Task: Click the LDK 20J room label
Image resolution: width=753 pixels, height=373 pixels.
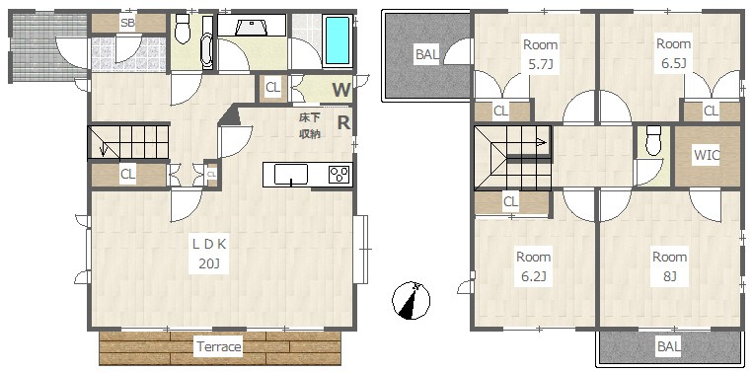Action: pyautogui.click(x=209, y=254)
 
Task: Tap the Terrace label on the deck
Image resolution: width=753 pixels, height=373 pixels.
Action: pyautogui.click(x=218, y=346)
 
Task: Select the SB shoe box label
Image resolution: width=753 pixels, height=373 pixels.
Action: pyautogui.click(x=127, y=23)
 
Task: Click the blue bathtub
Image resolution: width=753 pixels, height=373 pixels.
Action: pyautogui.click(x=338, y=40)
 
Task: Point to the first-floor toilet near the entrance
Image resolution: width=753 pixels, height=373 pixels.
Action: pyautogui.click(x=183, y=29)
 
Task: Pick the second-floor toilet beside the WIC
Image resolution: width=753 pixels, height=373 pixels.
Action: pyautogui.click(x=653, y=141)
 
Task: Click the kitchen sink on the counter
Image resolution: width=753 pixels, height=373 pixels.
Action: pyautogui.click(x=290, y=175)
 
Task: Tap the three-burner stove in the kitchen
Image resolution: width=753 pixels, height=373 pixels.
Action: pyautogui.click(x=340, y=175)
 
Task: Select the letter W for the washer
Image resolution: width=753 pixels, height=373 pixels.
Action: pyautogui.click(x=341, y=90)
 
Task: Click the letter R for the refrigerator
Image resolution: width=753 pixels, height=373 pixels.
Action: pyautogui.click(x=343, y=123)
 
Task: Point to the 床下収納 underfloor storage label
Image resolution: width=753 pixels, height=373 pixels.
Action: pyautogui.click(x=309, y=125)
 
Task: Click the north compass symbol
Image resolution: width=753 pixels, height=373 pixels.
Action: pyautogui.click(x=411, y=301)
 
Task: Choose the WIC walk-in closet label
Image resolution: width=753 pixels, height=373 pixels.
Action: pyautogui.click(x=706, y=156)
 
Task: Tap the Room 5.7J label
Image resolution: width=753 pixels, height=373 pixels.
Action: pyautogui.click(x=540, y=54)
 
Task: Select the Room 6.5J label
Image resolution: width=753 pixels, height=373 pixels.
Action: pyautogui.click(x=673, y=53)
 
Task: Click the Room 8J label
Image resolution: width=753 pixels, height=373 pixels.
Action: pyautogui.click(x=669, y=266)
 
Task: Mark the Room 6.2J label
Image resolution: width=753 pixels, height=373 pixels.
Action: pyautogui.click(x=533, y=266)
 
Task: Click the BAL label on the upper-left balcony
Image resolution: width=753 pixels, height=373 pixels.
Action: pyautogui.click(x=427, y=54)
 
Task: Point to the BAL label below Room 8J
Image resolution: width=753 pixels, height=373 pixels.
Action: pyautogui.click(x=669, y=346)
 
